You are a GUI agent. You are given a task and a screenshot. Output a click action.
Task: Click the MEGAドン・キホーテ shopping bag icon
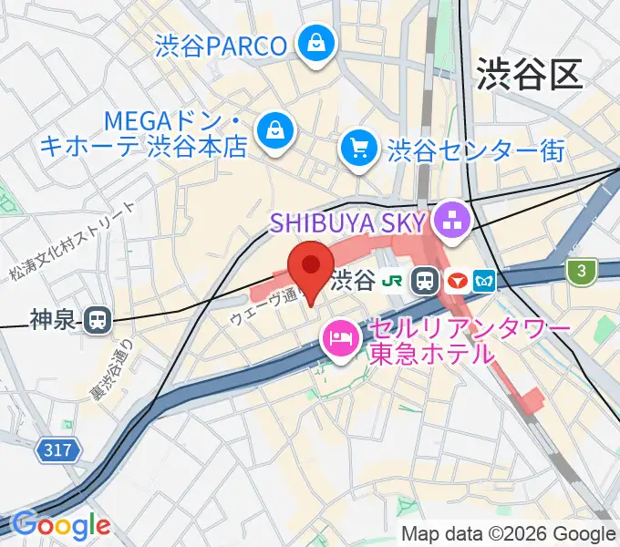(x=273, y=131)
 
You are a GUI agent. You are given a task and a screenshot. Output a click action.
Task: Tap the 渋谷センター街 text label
(x=477, y=149)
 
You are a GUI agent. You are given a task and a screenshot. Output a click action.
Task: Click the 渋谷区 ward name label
(x=529, y=73)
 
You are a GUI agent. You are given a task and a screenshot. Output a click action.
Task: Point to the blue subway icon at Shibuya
(x=483, y=281)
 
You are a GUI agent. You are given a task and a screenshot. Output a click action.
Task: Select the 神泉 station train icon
(x=95, y=319)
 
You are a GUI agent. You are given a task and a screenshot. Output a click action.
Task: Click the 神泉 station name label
(x=54, y=319)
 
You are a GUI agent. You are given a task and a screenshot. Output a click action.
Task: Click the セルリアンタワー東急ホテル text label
(x=468, y=340)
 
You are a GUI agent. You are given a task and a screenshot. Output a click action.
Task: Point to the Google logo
(x=60, y=525)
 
